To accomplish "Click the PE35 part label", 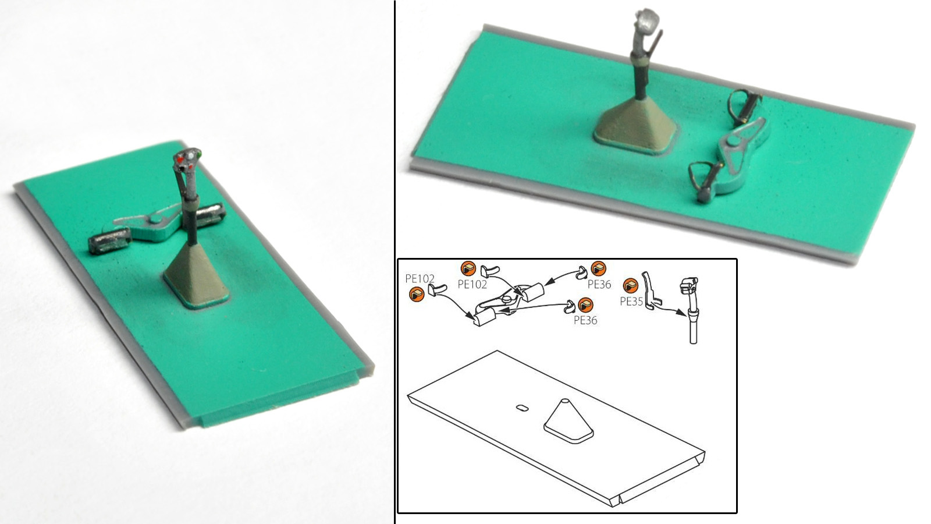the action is coord(631,302).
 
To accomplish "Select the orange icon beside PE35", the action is coord(631,286).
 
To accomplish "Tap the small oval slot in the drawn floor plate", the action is coord(522,408).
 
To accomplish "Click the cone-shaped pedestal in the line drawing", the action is coord(568,421).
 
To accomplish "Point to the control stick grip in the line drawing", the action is coord(689,285).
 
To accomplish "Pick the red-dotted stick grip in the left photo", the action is coord(187,159).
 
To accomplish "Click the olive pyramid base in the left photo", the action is coord(196,275).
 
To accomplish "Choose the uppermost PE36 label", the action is coord(599,285).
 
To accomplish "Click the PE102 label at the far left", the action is coord(420,279).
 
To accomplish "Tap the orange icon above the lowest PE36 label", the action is coord(585,306).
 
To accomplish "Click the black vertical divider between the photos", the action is coord(395,262).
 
